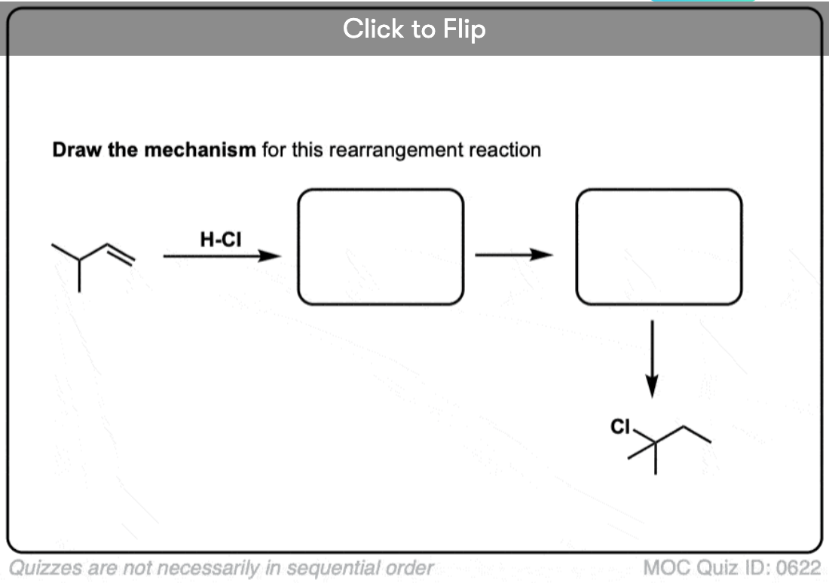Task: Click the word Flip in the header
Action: click(464, 29)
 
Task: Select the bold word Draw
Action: click(77, 150)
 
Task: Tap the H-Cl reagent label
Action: click(221, 240)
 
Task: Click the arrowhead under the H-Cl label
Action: click(270, 256)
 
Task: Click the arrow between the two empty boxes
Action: click(514, 255)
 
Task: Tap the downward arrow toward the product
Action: click(653, 359)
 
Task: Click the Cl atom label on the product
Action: click(620, 426)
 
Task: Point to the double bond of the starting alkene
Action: click(121, 254)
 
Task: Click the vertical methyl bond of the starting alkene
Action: click(79, 276)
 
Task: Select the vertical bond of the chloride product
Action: click(656, 458)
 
